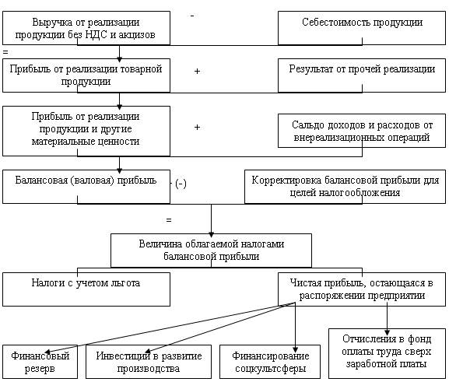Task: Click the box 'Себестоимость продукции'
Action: [362, 28]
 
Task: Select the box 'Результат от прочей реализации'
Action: [362, 75]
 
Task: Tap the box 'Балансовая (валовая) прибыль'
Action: [86, 187]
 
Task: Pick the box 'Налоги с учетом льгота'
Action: [86, 289]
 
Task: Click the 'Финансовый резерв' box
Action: [40, 362]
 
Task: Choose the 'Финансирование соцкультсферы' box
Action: [270, 362]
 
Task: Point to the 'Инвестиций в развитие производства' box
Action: [149, 362]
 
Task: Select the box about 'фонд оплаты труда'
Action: [388, 353]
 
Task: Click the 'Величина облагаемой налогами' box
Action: [211, 251]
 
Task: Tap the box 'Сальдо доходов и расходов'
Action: [362, 131]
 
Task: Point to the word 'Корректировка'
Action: [286, 180]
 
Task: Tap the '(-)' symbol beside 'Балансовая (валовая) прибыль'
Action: [181, 184]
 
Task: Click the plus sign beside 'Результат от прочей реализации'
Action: [197, 71]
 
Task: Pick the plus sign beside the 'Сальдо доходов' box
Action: [197, 127]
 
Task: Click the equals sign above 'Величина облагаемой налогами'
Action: [169, 220]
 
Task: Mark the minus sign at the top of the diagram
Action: [192, 16]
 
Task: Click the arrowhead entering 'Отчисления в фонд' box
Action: [388, 332]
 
